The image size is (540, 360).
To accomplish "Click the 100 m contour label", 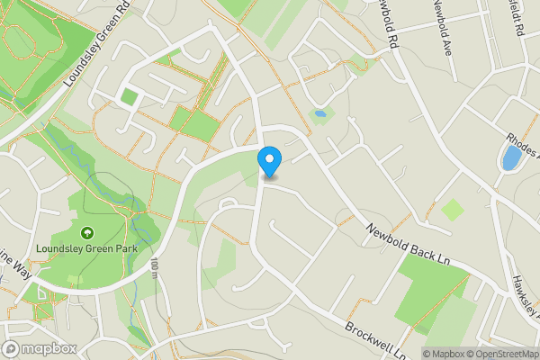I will click(155, 267).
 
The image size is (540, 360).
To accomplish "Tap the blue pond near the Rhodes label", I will click(511, 159).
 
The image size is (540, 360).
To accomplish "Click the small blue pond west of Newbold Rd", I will click(318, 114).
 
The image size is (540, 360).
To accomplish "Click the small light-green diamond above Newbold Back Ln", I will click(453, 210).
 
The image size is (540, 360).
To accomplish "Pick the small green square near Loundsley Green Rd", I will click(130, 96).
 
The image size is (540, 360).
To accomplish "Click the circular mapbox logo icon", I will click(12, 348).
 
